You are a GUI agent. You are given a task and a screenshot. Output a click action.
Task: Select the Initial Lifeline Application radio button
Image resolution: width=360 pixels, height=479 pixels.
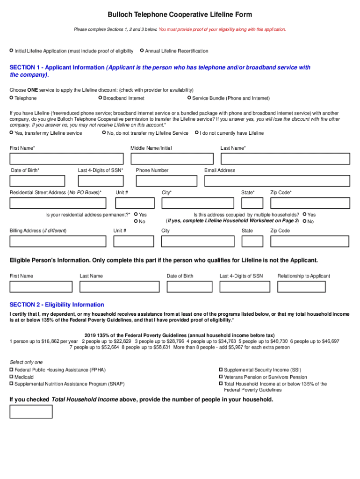(x=12, y=51)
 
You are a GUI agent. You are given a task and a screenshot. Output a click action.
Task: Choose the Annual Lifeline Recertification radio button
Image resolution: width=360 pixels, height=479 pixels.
(x=142, y=51)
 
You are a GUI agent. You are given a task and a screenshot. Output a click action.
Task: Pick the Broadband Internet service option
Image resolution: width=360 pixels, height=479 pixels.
(x=100, y=98)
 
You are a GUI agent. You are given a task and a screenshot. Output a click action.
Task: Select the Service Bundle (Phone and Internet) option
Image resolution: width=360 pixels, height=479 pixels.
(x=189, y=98)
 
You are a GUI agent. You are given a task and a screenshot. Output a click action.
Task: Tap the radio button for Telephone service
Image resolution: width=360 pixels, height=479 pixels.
(x=12, y=98)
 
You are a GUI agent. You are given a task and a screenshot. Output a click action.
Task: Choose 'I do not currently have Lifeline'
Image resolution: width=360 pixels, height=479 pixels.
(x=197, y=133)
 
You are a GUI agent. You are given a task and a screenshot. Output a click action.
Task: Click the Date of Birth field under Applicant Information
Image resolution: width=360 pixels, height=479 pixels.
(x=37, y=181)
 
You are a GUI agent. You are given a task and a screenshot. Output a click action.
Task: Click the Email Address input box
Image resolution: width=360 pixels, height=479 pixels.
(x=277, y=181)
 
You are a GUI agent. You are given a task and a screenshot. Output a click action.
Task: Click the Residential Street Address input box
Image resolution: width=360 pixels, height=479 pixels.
(x=58, y=203)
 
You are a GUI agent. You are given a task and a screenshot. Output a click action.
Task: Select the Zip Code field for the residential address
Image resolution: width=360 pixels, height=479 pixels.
(x=310, y=203)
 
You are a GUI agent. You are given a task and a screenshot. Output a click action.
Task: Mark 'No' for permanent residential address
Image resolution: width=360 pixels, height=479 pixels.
(x=136, y=221)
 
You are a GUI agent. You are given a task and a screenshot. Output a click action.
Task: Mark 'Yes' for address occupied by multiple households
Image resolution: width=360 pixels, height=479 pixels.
(x=305, y=215)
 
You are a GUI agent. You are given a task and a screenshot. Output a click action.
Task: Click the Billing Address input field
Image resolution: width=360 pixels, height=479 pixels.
(x=58, y=241)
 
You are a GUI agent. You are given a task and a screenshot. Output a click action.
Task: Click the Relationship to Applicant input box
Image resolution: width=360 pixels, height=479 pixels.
(x=313, y=287)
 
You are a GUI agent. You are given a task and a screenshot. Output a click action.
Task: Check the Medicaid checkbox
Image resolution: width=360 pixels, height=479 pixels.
(x=12, y=377)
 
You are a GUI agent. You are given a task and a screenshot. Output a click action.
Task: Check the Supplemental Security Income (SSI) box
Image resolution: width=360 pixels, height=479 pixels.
(x=221, y=370)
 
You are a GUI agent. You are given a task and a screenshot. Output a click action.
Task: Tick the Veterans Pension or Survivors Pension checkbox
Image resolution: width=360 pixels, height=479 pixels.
(x=221, y=377)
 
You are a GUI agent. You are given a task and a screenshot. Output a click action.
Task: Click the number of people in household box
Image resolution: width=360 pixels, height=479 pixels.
(x=31, y=412)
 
